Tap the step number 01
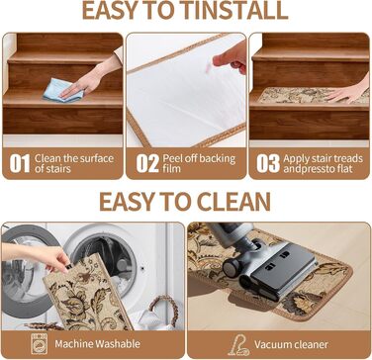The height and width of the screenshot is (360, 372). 20,163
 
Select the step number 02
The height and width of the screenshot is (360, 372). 147,163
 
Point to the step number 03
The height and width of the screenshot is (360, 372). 268,163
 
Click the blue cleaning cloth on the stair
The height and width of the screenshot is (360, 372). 62,90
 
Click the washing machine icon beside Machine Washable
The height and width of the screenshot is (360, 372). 40,344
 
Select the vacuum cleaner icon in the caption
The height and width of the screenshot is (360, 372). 238,344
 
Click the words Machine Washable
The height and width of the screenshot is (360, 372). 98,344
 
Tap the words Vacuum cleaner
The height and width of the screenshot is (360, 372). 291,345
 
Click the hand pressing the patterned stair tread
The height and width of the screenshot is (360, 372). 350,90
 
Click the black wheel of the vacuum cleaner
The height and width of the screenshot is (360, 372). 232,266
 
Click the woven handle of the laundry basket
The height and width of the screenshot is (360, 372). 164,309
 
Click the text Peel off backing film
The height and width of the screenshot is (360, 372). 199,163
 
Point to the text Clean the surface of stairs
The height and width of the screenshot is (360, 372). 74,163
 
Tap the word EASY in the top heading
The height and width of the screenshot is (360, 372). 111,11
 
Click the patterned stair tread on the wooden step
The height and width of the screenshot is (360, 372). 313,96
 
